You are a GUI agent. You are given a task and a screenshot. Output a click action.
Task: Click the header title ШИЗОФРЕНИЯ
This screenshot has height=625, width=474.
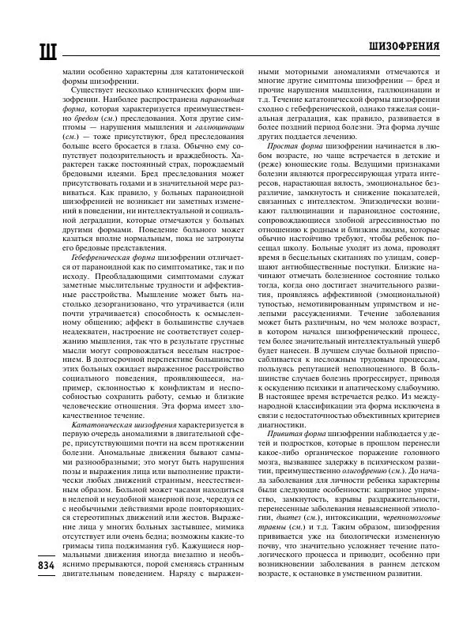pos(404,47)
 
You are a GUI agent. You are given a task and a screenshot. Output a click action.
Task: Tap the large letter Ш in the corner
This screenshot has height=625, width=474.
pos(25,48)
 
